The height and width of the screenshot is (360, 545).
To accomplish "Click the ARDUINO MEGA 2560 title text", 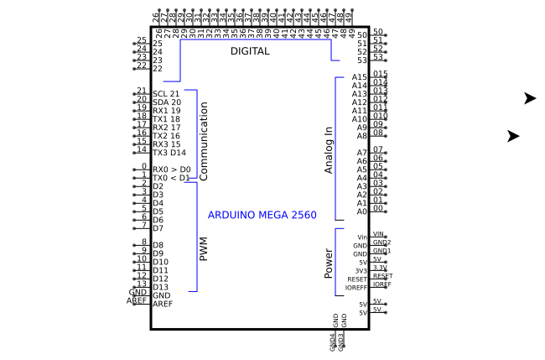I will [262, 216].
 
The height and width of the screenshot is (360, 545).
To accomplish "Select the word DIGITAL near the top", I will [250, 51].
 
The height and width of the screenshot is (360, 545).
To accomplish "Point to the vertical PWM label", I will [203, 248].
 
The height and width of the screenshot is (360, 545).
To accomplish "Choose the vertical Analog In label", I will [329, 150].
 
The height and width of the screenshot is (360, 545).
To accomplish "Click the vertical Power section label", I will [329, 263].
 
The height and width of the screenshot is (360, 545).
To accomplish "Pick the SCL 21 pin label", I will [166, 94].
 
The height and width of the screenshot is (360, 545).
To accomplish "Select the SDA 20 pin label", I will [166, 102].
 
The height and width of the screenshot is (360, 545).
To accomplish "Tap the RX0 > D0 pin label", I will [171, 170].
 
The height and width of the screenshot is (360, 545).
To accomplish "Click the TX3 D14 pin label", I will [169, 153].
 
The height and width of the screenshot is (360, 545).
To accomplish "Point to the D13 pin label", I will [161, 287].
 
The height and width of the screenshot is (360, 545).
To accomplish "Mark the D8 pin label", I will [158, 245].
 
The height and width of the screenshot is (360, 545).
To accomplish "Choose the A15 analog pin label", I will [360, 77].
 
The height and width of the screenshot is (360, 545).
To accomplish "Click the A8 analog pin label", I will [362, 136].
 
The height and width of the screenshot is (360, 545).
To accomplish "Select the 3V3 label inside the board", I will [361, 271].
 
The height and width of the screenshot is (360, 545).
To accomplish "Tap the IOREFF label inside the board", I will [356, 288].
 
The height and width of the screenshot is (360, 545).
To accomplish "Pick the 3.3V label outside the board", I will [379, 268].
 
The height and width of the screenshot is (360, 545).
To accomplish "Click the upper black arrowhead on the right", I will [529, 98].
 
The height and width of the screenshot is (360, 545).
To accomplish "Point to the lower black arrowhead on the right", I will [513, 136].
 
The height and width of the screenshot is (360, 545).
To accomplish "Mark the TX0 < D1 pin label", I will [171, 178].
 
